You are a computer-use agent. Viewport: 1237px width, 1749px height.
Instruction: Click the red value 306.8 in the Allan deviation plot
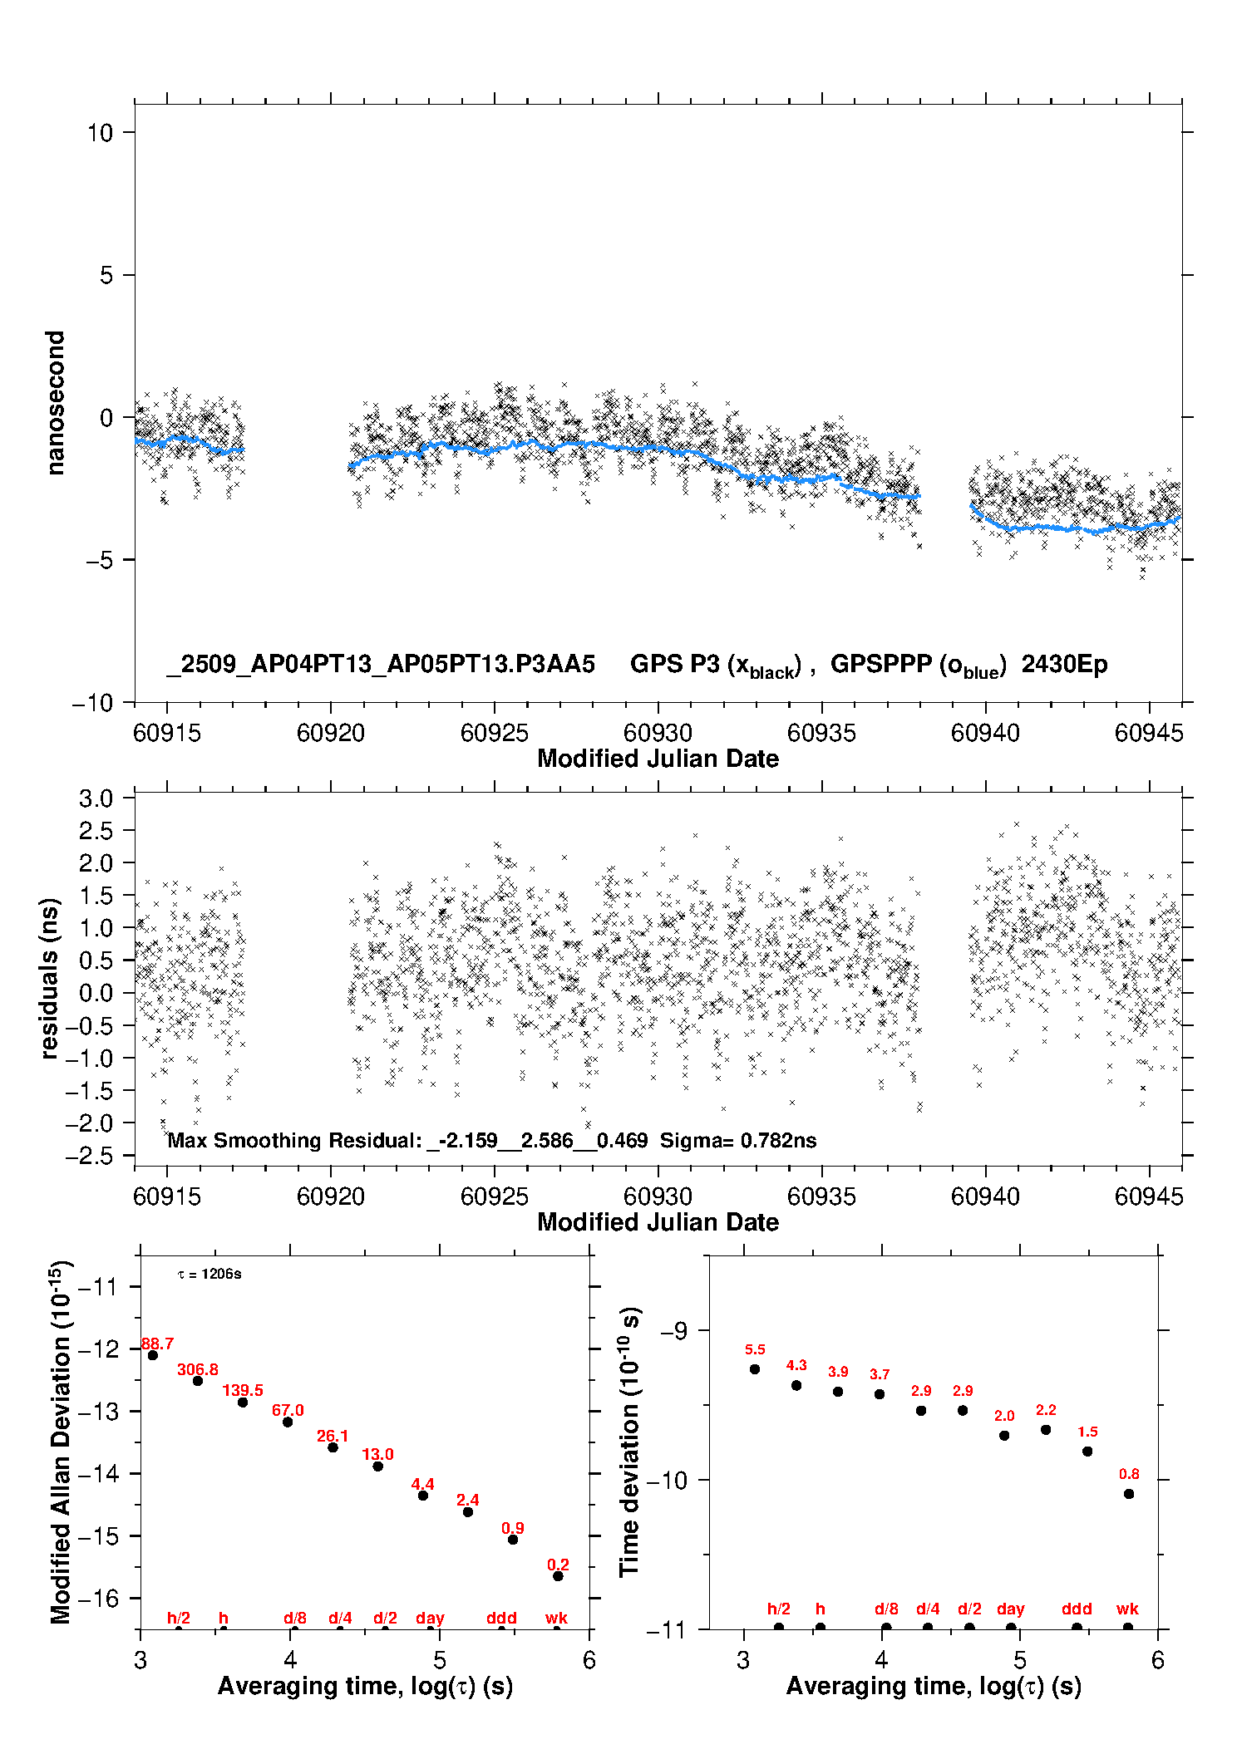(x=198, y=1369)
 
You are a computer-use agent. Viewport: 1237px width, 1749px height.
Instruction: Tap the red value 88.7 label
(x=157, y=1344)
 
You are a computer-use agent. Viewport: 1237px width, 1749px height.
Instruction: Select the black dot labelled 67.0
(x=288, y=1422)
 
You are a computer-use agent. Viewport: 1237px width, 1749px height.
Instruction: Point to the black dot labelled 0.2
(x=558, y=1576)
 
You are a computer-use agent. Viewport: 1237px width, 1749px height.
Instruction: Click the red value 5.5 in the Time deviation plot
(x=755, y=1349)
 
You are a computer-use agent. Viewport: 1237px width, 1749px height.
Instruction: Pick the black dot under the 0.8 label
(x=1129, y=1494)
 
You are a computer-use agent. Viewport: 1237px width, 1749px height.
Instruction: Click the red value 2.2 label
(x=1046, y=1410)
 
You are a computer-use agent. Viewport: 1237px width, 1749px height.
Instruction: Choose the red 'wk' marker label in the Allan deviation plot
(x=556, y=1618)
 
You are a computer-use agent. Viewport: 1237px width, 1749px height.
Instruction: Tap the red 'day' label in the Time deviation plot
(x=1010, y=1609)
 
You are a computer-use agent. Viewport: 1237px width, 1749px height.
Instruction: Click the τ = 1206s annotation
(x=209, y=1275)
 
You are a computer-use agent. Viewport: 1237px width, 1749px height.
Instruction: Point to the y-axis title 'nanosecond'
(x=56, y=403)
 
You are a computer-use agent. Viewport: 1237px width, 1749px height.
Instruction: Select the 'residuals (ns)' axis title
(x=50, y=978)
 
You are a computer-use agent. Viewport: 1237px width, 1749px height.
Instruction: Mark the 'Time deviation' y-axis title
(x=629, y=1442)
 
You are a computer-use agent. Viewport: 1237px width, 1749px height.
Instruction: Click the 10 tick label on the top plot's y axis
(x=100, y=133)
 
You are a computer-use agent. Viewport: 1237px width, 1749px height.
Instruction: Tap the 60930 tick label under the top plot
(x=658, y=733)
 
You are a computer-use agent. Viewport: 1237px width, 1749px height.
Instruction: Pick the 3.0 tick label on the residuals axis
(x=96, y=798)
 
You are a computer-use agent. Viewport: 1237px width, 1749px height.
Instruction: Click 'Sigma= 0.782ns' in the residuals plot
(x=738, y=1140)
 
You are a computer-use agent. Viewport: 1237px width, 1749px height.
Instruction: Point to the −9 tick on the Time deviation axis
(x=673, y=1331)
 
